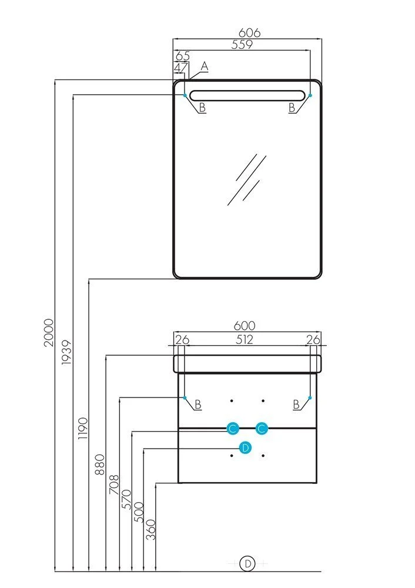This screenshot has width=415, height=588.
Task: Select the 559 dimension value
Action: pos(241,44)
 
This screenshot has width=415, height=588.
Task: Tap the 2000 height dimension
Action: pos(48,332)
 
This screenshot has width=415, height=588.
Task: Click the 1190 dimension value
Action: pos(83,429)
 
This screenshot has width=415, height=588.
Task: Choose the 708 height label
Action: pos(114,486)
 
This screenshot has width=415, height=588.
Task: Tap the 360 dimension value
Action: pos(150,529)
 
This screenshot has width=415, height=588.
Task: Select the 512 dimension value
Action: pos(245,339)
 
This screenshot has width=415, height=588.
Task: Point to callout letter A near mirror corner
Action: pos(205,66)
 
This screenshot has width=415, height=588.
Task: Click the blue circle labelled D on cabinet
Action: pos(246,447)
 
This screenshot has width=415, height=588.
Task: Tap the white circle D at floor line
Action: pos(248,563)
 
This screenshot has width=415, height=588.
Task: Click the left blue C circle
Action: pos(233,429)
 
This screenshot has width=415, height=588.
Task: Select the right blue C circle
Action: pos(262,429)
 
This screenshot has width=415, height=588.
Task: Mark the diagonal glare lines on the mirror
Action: pos(247,179)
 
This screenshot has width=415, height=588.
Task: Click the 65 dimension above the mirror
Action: pos(182,56)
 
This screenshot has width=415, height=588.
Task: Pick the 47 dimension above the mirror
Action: pos(180,67)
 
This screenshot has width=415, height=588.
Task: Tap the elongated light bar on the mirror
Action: pos(247,95)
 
